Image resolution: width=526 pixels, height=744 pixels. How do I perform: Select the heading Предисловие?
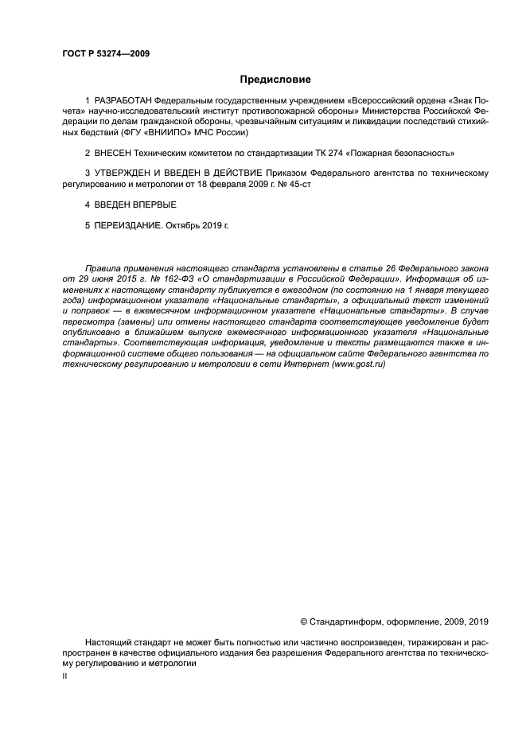pos(275,80)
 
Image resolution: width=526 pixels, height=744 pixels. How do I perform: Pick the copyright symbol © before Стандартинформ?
pos(303,621)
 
